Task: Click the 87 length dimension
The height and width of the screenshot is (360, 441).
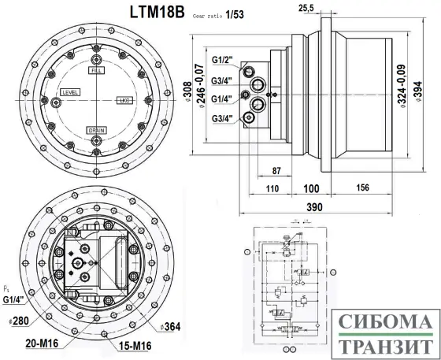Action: [x=276, y=171]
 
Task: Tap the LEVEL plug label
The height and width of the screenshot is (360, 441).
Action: [x=70, y=93]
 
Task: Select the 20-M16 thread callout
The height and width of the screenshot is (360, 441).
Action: [x=43, y=343]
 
